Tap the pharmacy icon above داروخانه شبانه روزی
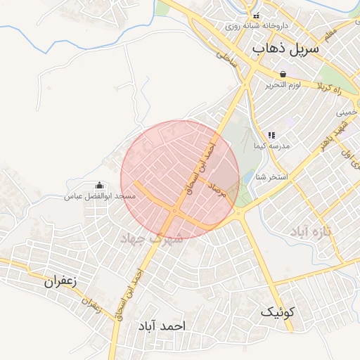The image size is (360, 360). [x=256, y=15]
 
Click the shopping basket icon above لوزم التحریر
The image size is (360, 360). [x=283, y=74]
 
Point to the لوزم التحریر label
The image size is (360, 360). [x=283, y=84]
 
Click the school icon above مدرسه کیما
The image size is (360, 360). [x=271, y=135]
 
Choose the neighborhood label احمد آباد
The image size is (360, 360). [x=162, y=326]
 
